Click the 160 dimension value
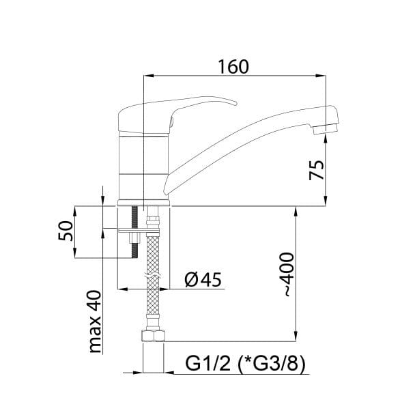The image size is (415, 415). pyautogui.click(x=233, y=67)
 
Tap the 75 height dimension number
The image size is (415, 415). pyautogui.click(x=317, y=170)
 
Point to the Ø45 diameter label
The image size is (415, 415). pyautogui.click(x=203, y=280)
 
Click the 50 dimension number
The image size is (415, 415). pyautogui.click(x=65, y=231)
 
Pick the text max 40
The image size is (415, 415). pyautogui.click(x=95, y=322)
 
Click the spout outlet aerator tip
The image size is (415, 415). pyautogui.click(x=325, y=129)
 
